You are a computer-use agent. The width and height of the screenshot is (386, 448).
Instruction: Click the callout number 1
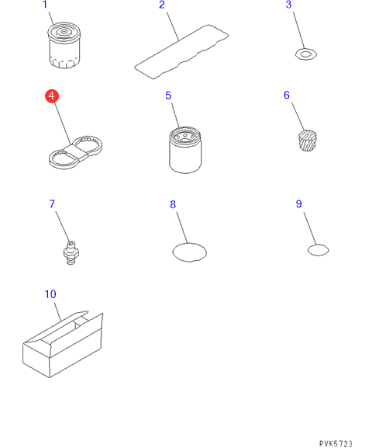tap(45, 5)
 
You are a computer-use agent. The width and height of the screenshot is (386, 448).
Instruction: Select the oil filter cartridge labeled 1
tap(64, 45)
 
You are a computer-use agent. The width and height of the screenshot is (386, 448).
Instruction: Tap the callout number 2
tap(162, 5)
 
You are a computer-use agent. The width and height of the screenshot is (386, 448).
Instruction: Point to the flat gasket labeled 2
tap(181, 52)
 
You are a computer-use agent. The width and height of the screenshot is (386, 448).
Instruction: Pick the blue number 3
tap(288, 5)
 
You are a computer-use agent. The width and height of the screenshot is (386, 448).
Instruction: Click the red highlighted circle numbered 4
tap(52, 96)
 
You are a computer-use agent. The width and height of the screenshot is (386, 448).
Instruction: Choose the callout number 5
tap(168, 96)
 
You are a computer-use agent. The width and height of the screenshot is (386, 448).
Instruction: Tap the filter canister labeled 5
tap(185, 150)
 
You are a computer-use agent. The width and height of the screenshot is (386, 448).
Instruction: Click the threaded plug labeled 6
tap(308, 141)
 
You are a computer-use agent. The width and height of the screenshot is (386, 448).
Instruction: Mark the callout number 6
tap(287, 96)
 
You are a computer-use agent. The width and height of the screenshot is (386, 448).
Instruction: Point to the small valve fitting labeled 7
tap(71, 253)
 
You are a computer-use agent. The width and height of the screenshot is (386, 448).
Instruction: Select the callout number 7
tap(52, 204)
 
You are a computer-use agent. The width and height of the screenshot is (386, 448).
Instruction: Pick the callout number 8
tap(173, 204)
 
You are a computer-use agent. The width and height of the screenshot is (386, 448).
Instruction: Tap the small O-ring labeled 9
tap(308, 250)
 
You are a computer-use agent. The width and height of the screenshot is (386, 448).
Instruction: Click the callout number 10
tap(50, 294)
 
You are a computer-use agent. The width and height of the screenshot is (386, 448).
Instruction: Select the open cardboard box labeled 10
tap(63, 345)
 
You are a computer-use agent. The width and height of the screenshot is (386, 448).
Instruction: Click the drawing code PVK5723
tap(336, 443)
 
